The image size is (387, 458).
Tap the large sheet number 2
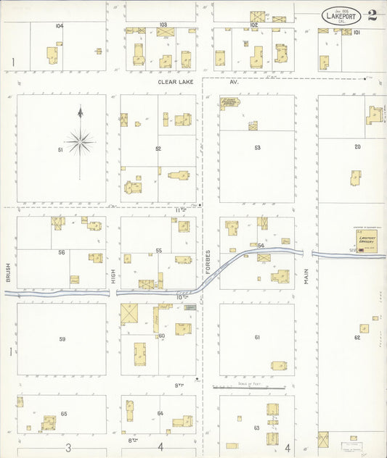(372, 14)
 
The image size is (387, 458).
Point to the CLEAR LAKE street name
(178, 83)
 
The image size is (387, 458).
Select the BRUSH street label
(9, 272)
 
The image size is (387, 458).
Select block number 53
(257, 147)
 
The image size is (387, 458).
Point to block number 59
(62, 338)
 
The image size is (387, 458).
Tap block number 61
(257, 338)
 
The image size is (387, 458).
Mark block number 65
(64, 414)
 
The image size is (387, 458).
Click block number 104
(59, 25)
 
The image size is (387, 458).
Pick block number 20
(357, 146)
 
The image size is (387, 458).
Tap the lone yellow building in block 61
(278, 365)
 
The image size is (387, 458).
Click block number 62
(357, 338)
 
